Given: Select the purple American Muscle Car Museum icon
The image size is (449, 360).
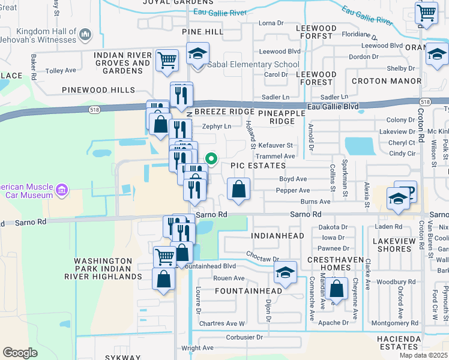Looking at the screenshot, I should [61, 191].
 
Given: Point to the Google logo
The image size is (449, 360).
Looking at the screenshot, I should [20, 352].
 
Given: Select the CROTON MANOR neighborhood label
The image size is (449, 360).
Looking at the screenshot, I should [387, 80].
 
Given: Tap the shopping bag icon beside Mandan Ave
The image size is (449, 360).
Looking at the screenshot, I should [338, 287].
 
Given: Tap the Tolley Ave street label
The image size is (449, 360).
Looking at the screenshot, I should [61, 70].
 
